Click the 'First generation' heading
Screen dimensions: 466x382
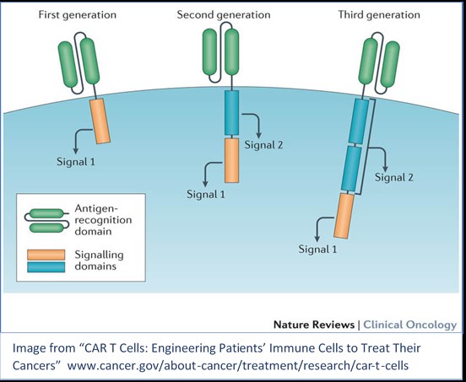coord(78,15)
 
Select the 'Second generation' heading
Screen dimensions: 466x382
coord(224,15)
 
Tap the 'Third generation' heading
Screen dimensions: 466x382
coord(379,15)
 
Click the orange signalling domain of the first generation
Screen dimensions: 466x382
coord(100,121)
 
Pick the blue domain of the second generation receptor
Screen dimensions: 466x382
coord(231,113)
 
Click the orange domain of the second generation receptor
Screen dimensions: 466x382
coord(231,160)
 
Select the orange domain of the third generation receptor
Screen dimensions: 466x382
coord(344,216)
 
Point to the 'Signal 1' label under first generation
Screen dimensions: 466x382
coord(76,162)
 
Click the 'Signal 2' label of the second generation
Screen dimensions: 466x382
coord(263,145)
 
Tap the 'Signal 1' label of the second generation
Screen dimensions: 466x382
coord(206,195)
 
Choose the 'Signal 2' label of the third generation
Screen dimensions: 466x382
coord(393,177)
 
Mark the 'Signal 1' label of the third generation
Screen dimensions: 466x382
coord(317,249)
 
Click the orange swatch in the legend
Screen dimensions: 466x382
coord(46,255)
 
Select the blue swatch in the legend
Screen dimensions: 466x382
coord(46,266)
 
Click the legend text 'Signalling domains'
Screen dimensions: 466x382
coord(99,261)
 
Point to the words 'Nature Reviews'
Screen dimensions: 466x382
coord(314,325)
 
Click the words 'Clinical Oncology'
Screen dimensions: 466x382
coord(410,325)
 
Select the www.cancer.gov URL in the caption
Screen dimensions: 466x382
coord(238,365)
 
